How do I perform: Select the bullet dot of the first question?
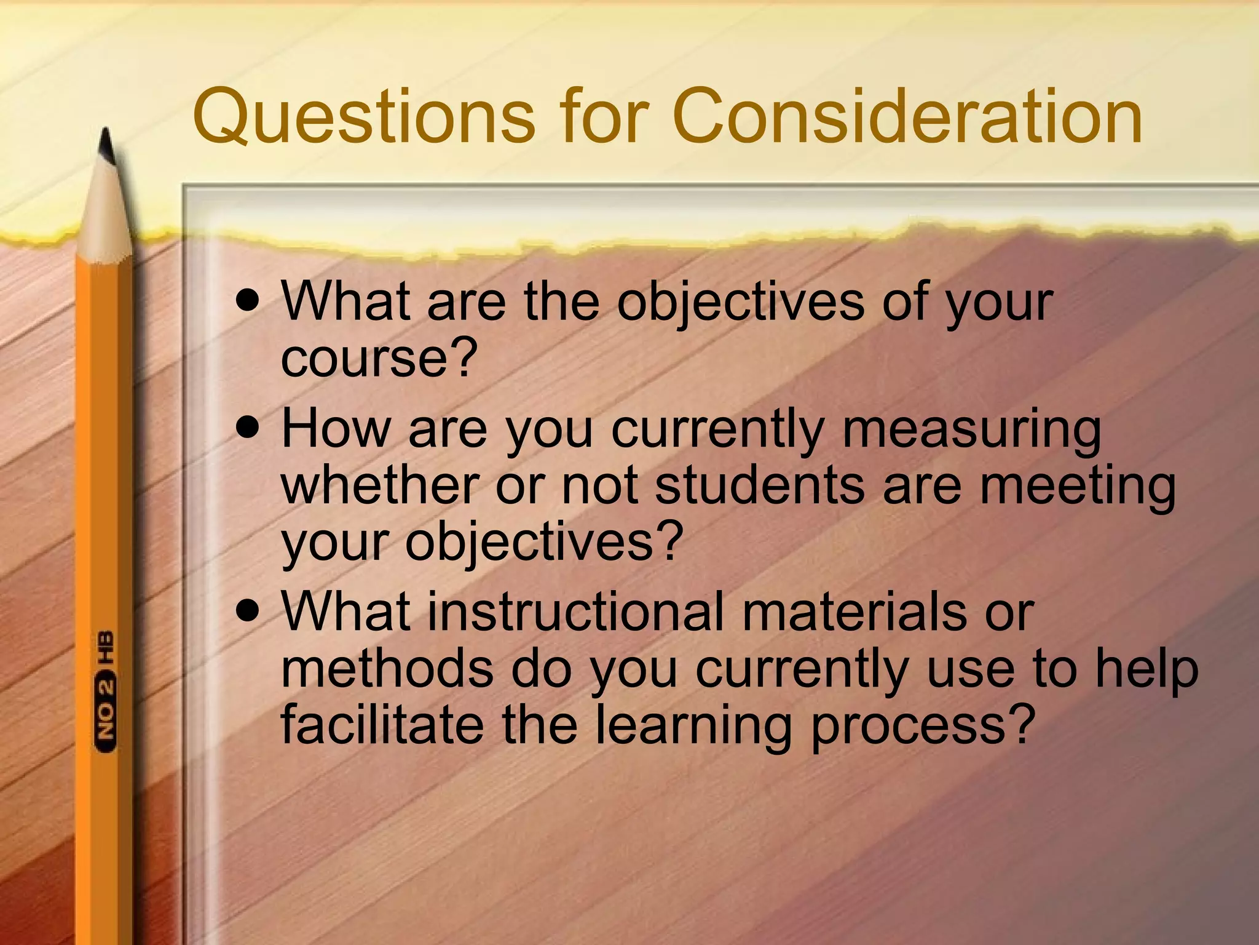tap(248, 302)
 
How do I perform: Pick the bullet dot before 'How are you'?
tap(248, 428)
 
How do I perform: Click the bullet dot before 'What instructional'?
tap(248, 612)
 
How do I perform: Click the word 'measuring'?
tap(971, 431)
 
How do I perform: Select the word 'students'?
tap(760, 486)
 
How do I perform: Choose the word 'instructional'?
tap(575, 612)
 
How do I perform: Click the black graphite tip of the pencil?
tap(107, 145)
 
